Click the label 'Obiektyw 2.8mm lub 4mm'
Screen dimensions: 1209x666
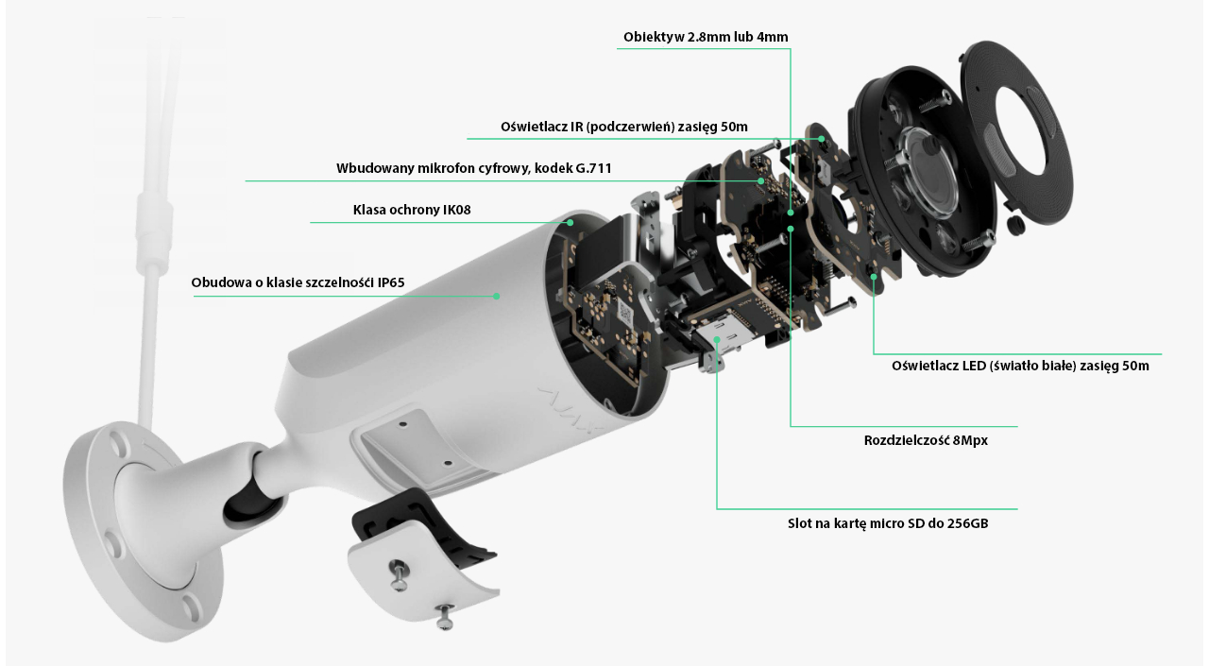706,37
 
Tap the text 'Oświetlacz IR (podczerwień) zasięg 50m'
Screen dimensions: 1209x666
624,127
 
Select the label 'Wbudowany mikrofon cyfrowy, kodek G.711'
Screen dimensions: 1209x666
474,168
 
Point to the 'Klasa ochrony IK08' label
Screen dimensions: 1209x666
412,210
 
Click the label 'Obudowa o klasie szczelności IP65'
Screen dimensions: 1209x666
298,282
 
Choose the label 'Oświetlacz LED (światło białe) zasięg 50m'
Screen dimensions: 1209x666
1020,366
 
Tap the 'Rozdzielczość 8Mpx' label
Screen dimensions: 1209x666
926,440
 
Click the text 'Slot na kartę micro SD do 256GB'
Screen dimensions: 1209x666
888,523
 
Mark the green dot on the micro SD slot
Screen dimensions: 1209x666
717,339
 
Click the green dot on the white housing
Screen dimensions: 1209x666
497,296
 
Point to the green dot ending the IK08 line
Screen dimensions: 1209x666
570,222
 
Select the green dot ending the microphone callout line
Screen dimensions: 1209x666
761,180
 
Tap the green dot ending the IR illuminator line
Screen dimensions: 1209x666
821,139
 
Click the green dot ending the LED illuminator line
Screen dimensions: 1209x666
874,277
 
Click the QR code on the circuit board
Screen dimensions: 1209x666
625,312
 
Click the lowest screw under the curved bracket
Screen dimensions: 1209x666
444,616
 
